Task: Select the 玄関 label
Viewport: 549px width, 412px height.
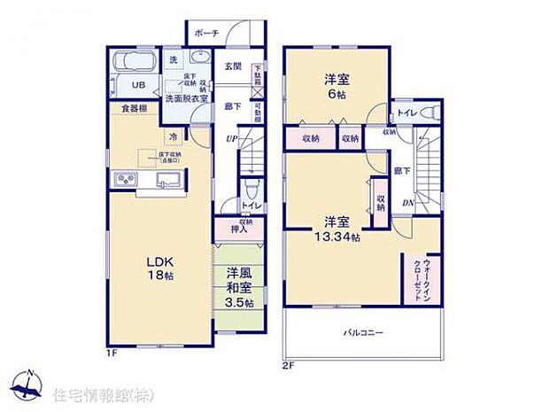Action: click(x=232, y=66)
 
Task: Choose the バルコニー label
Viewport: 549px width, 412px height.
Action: click(x=363, y=332)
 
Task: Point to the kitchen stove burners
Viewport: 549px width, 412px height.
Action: click(x=125, y=182)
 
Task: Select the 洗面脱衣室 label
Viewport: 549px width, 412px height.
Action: click(x=187, y=98)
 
